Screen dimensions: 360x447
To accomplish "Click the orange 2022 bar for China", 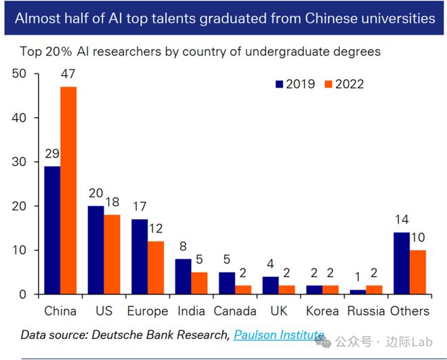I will click(x=69, y=191).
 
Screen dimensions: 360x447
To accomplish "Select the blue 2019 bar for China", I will click(x=52, y=230).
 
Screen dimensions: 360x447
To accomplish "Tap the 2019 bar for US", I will click(x=95, y=249).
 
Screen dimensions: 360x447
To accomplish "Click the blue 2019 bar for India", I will click(x=183, y=276).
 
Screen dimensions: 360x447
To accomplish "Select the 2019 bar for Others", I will click(x=401, y=263).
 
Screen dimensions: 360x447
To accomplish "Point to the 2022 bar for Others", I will click(x=418, y=272).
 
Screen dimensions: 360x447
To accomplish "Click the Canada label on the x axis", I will click(x=234, y=311).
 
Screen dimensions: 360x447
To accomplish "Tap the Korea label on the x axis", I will click(x=322, y=311).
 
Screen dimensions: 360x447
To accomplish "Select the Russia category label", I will click(x=365, y=311).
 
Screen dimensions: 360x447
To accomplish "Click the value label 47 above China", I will click(x=68, y=75).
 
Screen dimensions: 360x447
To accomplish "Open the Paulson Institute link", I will click(x=278, y=334).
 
